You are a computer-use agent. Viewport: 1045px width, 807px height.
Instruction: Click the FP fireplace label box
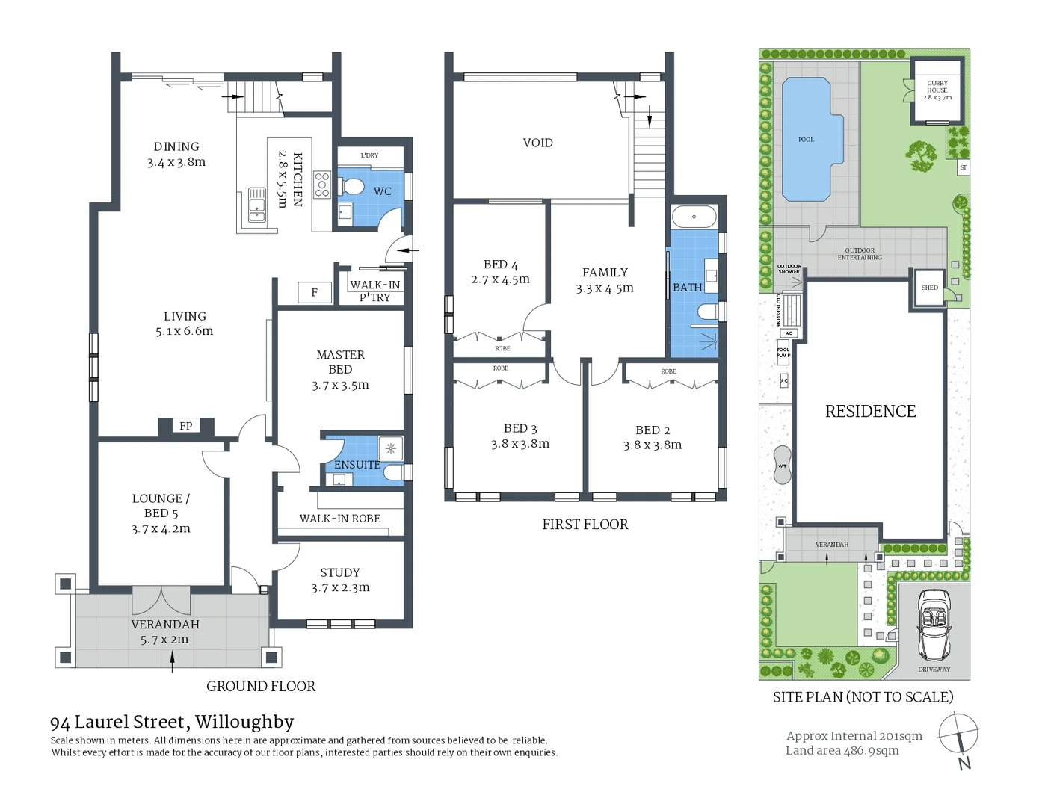[x=186, y=426]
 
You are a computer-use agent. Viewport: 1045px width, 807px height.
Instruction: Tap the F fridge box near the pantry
[x=314, y=292]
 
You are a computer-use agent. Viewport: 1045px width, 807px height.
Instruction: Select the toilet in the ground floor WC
[x=351, y=186]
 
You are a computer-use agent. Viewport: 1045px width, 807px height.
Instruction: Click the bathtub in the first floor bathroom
[x=694, y=217]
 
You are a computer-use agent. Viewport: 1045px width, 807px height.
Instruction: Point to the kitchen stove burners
[x=322, y=185]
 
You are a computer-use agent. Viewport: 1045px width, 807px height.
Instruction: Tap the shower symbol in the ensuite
[x=391, y=448]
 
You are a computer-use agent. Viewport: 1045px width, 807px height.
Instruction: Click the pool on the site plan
[x=807, y=140]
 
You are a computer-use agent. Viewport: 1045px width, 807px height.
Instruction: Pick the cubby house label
[x=937, y=90]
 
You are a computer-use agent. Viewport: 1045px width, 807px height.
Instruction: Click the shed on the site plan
[x=930, y=288]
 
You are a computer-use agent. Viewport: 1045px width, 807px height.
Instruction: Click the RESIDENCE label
[x=870, y=412]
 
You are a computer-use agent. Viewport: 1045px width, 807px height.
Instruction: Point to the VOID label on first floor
[x=537, y=143]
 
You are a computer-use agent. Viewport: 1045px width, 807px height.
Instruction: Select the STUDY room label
[x=340, y=572]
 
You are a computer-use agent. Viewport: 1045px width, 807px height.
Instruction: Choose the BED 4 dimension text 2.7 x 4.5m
[x=500, y=279]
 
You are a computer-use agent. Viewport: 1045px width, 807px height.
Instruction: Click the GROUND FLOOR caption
[x=261, y=686]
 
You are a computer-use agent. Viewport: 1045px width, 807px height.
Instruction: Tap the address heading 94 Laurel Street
[x=172, y=722]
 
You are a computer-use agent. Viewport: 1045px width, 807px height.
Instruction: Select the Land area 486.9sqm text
[x=842, y=750]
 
